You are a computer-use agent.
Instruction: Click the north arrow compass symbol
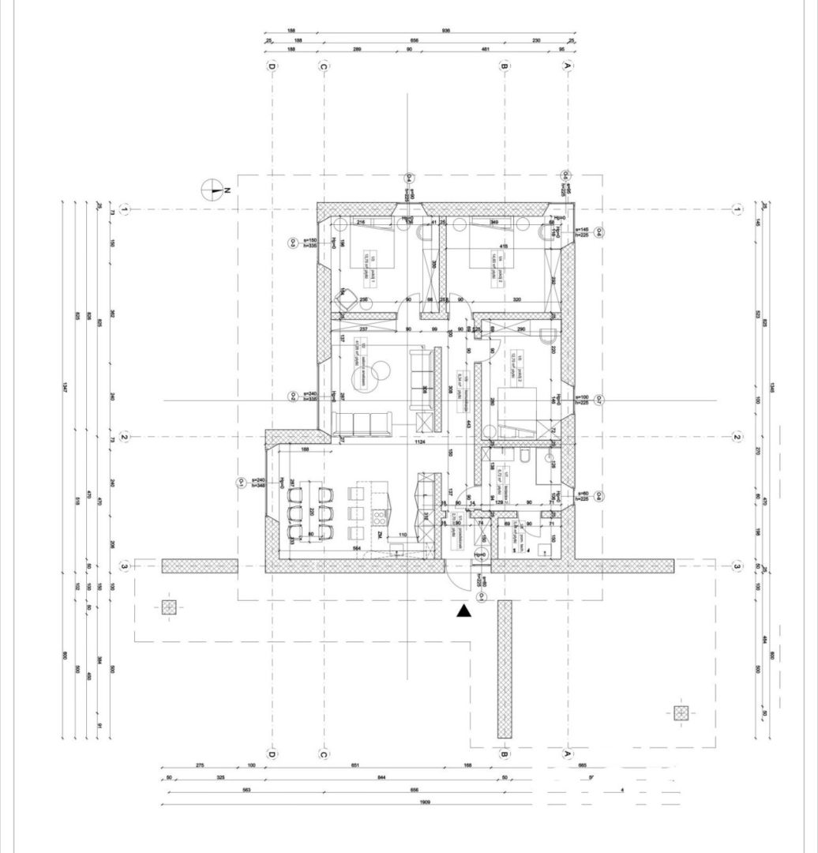212,190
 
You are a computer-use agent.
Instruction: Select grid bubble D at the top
272,67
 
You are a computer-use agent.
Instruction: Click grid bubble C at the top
323,67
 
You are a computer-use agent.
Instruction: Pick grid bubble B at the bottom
504,755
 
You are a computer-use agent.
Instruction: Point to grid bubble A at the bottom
567,755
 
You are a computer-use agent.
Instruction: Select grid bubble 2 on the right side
737,437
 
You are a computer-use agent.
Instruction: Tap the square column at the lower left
169,607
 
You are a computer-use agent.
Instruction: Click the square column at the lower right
681,712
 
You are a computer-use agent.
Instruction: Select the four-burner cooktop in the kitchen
379,519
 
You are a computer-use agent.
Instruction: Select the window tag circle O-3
292,242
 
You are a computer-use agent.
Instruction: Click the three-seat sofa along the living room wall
366,424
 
